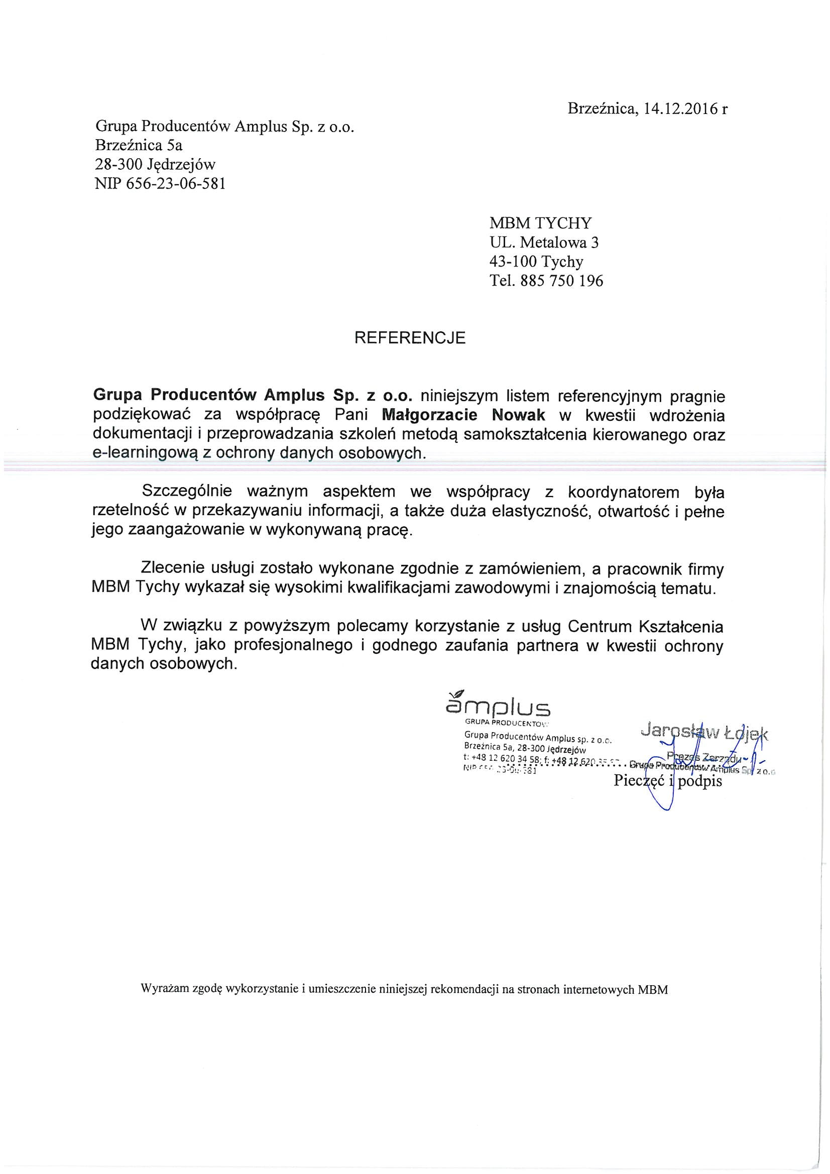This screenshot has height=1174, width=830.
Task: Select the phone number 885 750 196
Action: click(561, 281)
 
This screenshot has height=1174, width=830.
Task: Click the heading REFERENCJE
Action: click(410, 338)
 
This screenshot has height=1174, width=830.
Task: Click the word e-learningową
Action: click(144, 453)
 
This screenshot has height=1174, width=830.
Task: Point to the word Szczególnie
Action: click(187, 492)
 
